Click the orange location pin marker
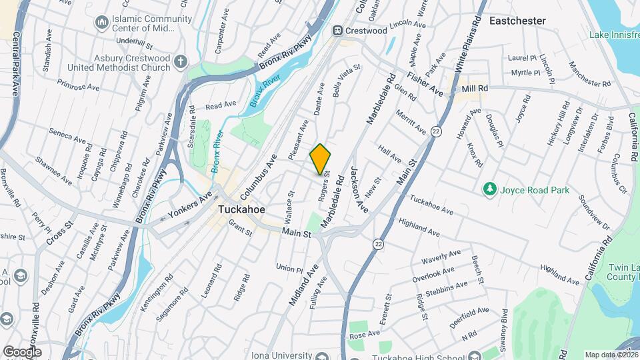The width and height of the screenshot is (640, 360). (320, 159)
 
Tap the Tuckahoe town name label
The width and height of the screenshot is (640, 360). (242, 209)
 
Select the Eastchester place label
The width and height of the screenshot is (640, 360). (517, 21)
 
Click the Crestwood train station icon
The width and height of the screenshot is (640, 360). (338, 31)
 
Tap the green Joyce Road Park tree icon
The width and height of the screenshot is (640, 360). (490, 190)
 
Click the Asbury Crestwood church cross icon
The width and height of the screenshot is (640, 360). (180, 62)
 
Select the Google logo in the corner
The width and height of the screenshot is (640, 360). (22, 351)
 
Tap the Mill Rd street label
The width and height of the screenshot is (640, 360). (475, 88)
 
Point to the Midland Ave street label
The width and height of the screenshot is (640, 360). (301, 285)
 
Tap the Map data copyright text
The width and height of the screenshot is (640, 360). (611, 354)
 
